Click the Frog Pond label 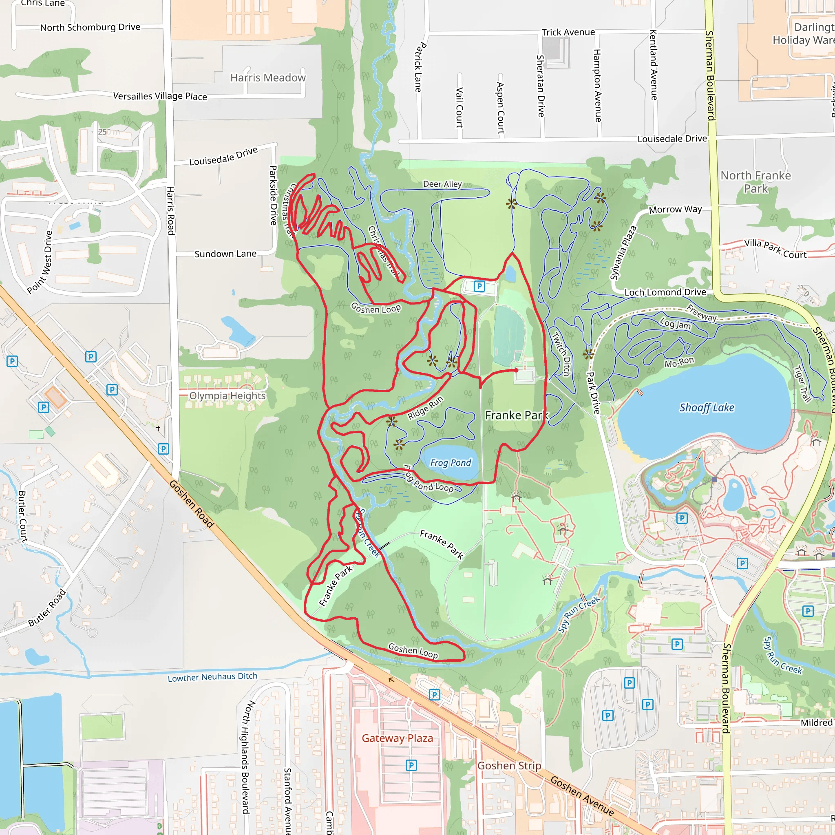pyautogui.click(x=451, y=463)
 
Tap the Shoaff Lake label pyautogui.click(x=707, y=408)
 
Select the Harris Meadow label pyautogui.click(x=268, y=78)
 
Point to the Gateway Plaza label pyautogui.click(x=397, y=738)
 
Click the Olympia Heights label pyautogui.click(x=228, y=396)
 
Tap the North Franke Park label pyautogui.click(x=755, y=182)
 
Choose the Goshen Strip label pyautogui.click(x=509, y=766)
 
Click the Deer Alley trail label pyautogui.click(x=442, y=184)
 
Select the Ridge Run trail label pyautogui.click(x=425, y=408)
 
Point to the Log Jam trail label pyautogui.click(x=675, y=324)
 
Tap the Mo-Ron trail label pyautogui.click(x=679, y=362)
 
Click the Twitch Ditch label pyautogui.click(x=561, y=353)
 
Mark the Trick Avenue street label pyautogui.click(x=568, y=33)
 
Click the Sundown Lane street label pyautogui.click(x=225, y=254)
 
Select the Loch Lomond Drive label pyautogui.click(x=665, y=293)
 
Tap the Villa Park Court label pyautogui.click(x=775, y=249)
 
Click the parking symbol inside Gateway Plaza pyautogui.click(x=411, y=765)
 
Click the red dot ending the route pyautogui.click(x=516, y=370)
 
